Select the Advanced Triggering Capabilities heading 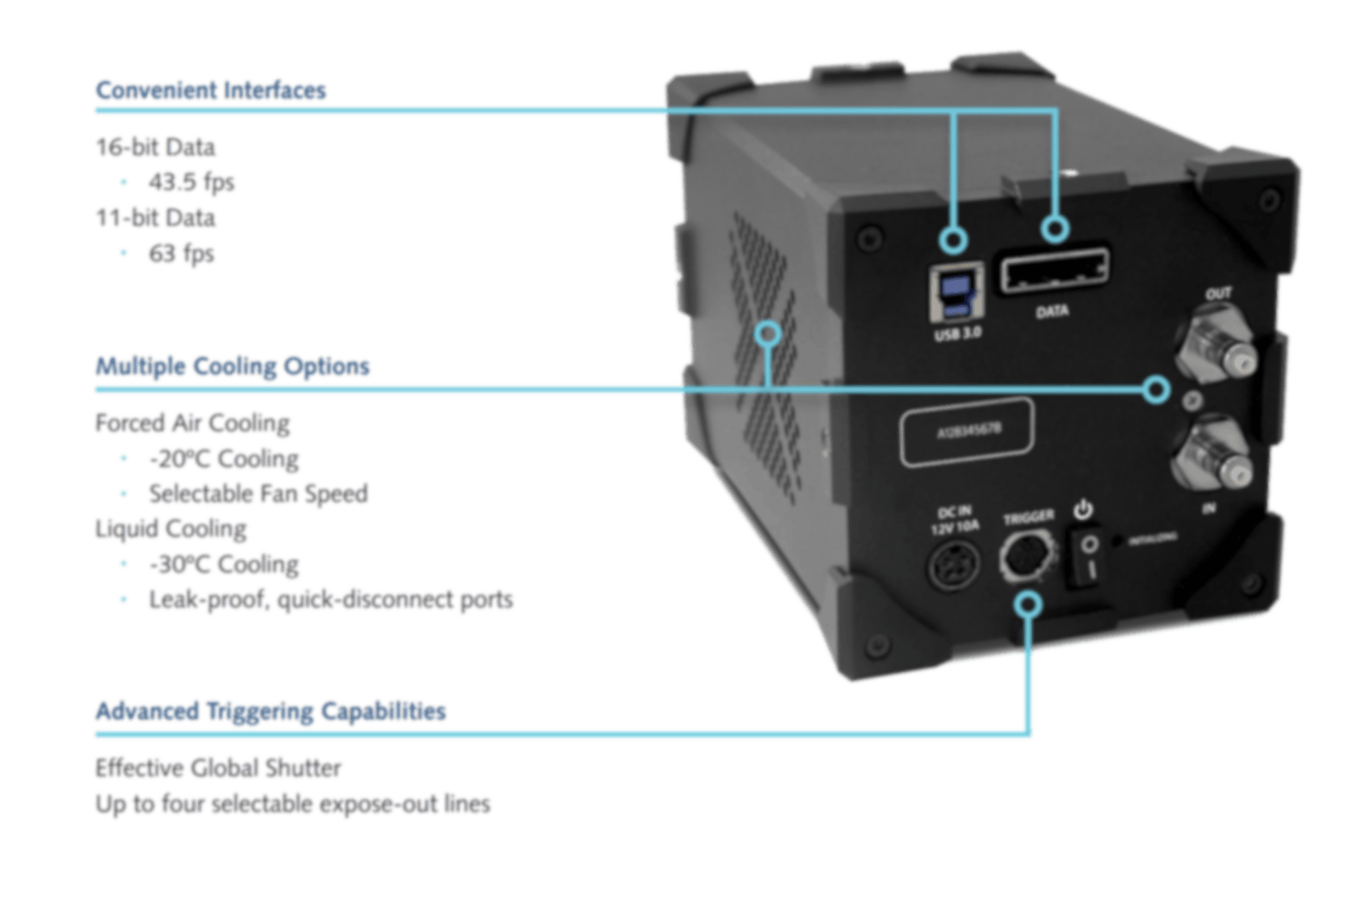point(270,711)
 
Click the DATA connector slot point(1053,272)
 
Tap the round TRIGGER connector point(1027,558)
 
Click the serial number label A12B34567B point(967,433)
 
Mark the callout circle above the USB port point(955,239)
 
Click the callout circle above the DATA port point(1055,229)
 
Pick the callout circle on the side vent point(767,333)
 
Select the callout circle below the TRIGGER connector point(1029,605)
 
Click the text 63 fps point(181,253)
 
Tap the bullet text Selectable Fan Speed point(258,493)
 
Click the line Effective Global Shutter point(218,768)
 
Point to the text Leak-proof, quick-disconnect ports point(330,600)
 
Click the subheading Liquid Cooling point(170,528)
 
